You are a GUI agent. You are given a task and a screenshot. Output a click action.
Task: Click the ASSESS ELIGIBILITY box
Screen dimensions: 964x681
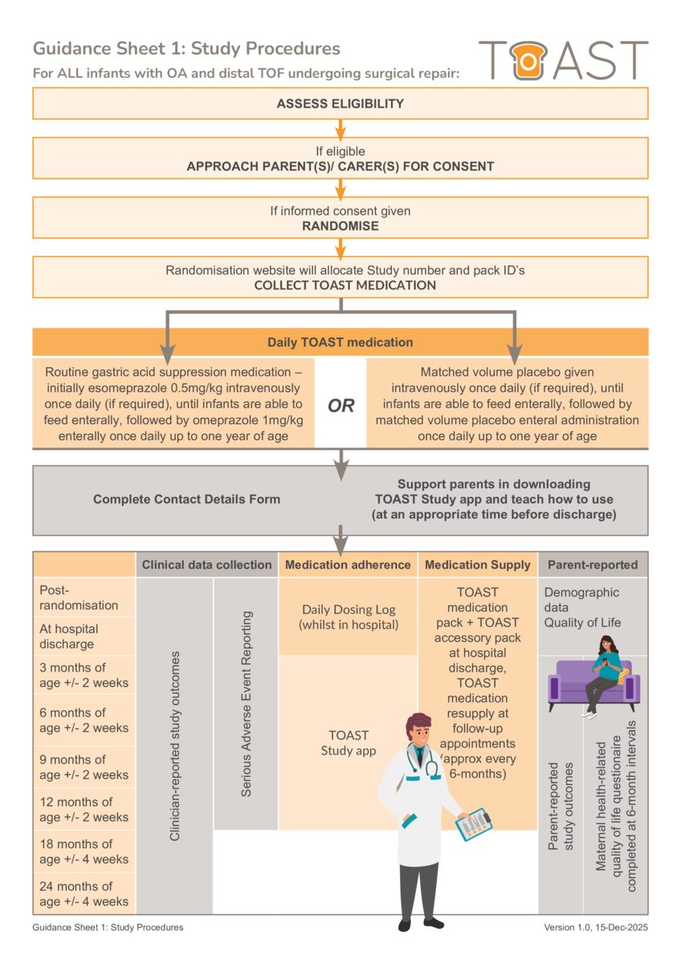(x=340, y=104)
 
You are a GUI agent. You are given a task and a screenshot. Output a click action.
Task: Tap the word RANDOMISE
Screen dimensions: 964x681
(x=340, y=226)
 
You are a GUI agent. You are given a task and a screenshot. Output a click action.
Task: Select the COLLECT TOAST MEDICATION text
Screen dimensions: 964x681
(x=345, y=285)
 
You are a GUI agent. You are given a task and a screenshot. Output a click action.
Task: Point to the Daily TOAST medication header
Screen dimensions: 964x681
(x=340, y=342)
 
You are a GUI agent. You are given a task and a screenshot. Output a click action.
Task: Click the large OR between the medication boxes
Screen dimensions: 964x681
(x=340, y=406)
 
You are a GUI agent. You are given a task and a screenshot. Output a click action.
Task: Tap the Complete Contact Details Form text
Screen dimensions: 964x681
(x=186, y=499)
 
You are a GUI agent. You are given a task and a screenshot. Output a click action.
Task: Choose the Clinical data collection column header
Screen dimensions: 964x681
(x=206, y=565)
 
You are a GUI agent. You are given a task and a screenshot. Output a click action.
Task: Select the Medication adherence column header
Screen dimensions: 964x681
(x=348, y=565)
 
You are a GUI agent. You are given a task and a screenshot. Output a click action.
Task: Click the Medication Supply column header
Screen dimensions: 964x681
(x=478, y=565)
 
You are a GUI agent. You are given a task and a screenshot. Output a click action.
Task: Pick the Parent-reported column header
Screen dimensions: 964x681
(x=592, y=565)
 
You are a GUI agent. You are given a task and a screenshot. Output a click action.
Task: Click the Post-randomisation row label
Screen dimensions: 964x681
(x=79, y=598)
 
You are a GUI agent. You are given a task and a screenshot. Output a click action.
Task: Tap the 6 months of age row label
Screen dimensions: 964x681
(x=84, y=720)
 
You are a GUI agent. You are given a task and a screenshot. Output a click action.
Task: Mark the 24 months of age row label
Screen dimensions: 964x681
(x=84, y=893)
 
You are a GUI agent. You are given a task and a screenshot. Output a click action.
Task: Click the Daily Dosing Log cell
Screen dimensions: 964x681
(x=348, y=617)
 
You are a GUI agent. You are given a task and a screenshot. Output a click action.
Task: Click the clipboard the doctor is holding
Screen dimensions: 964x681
(x=474, y=823)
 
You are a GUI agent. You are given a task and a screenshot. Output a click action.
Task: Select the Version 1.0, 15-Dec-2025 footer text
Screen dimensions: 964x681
(x=595, y=927)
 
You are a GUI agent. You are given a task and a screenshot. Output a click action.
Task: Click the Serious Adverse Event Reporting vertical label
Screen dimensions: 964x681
(x=247, y=704)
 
